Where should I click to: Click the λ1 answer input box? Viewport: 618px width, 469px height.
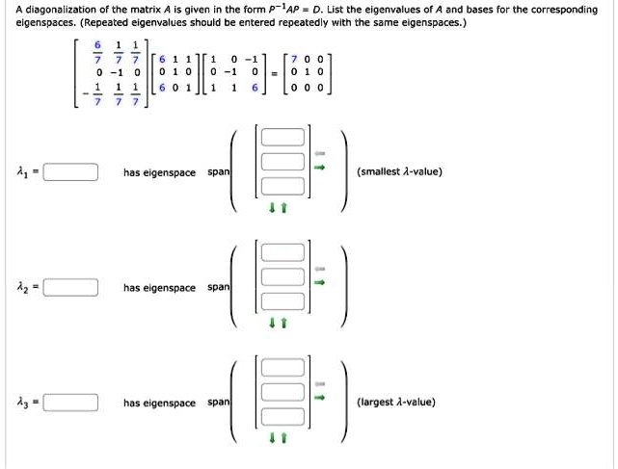pyautogui.click(x=70, y=173)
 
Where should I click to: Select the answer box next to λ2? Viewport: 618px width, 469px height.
pyautogui.click(x=70, y=288)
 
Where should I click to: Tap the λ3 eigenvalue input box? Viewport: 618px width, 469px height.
pyautogui.click(x=70, y=404)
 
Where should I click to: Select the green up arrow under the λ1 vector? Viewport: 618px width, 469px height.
pyautogui.click(x=283, y=207)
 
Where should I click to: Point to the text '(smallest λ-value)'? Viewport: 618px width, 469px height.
pyautogui.click(x=399, y=172)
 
